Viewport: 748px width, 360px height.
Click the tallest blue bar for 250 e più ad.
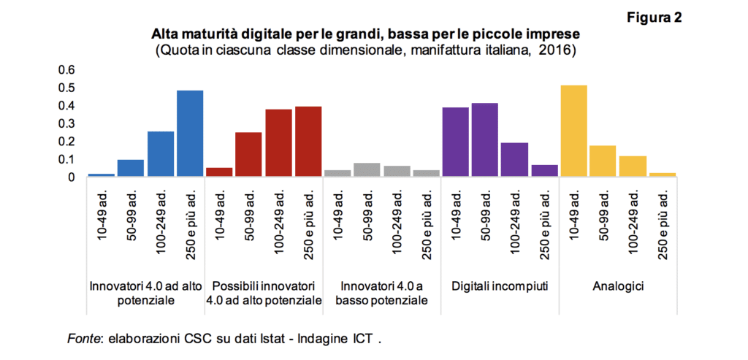pyautogui.click(x=190, y=133)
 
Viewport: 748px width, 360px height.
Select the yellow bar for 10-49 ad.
pyautogui.click(x=573, y=131)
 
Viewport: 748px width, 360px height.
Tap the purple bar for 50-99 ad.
pyautogui.click(x=485, y=139)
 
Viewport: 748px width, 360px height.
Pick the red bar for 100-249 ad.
pyautogui.click(x=278, y=142)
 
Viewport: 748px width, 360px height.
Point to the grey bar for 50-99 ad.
pyautogui.click(x=367, y=169)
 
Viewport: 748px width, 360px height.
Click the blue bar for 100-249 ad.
pyautogui.click(x=161, y=153)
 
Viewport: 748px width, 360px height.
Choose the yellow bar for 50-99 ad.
pyautogui.click(x=603, y=161)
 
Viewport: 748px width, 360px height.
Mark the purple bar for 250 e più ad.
pyautogui.click(x=544, y=170)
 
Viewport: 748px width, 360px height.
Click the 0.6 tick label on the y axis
pyautogui.click(x=67, y=70)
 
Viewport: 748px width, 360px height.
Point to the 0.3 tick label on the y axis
pyautogui.click(x=67, y=123)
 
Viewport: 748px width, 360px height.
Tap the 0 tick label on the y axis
pyautogui.click(x=72, y=177)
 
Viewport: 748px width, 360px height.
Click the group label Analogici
pyautogui.click(x=618, y=286)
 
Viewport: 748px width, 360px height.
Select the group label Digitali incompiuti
pyautogui.click(x=500, y=286)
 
